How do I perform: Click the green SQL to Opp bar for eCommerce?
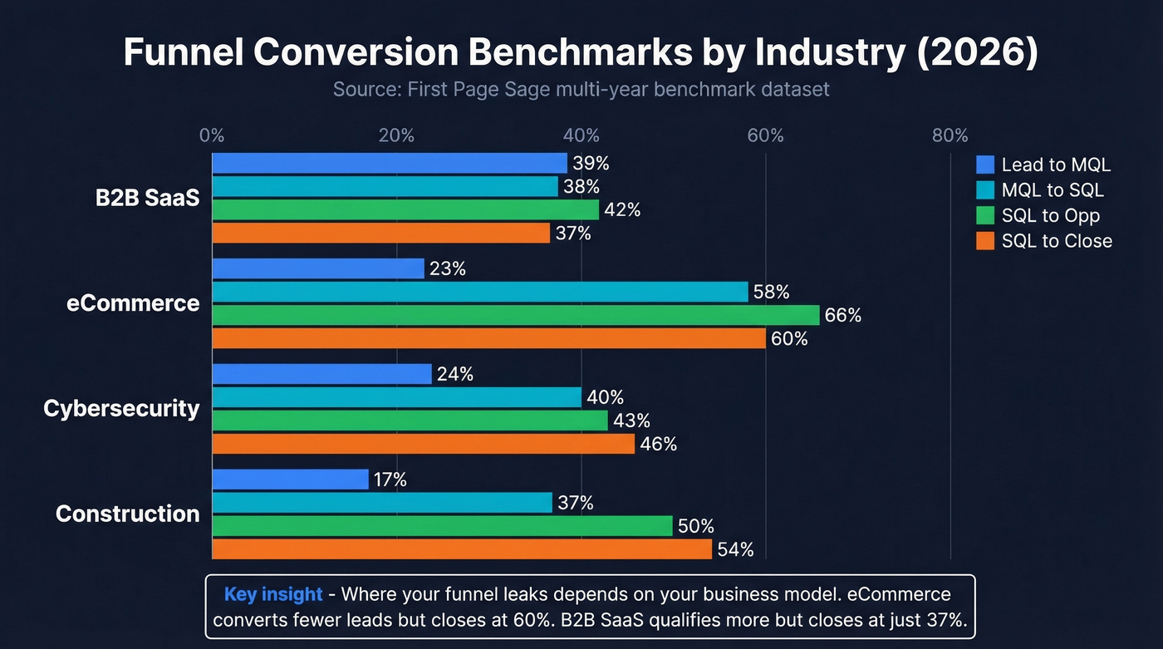pos(515,315)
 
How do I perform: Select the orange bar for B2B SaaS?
pos(380,233)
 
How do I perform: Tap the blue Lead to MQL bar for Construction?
pos(290,479)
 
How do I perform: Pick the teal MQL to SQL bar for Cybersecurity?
pos(396,397)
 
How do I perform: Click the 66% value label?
pos(842,316)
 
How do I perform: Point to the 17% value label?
pos(390,479)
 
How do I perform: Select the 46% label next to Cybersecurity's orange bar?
pos(659,445)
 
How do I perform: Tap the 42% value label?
pos(622,210)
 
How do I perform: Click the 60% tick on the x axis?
pos(765,135)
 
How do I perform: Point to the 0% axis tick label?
pos(212,135)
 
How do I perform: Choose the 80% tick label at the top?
pos(950,135)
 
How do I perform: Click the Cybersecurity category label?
pos(121,409)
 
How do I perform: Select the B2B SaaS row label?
pos(147,199)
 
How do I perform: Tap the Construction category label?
pos(127,514)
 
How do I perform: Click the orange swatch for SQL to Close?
pos(985,241)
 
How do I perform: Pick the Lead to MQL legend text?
pos(1055,165)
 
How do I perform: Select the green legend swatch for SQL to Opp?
pos(985,215)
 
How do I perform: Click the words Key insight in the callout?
pos(272,594)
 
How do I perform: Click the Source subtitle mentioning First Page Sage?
pos(581,89)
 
